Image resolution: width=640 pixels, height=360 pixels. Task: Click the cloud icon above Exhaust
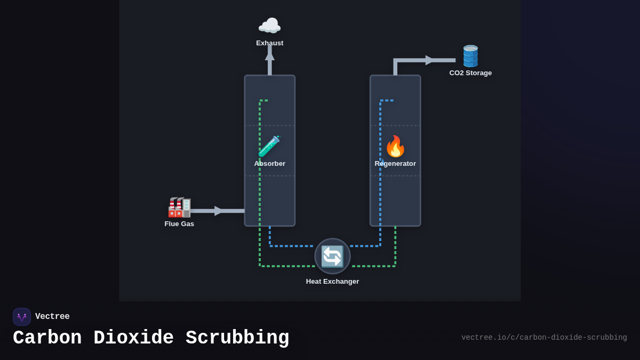(269, 26)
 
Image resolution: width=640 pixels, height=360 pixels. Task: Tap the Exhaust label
(269, 43)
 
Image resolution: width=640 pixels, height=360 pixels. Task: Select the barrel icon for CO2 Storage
(470, 56)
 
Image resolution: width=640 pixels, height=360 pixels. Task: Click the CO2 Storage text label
(470, 73)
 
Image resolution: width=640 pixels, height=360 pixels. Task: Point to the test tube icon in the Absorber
(269, 146)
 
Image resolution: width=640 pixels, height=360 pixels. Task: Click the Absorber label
(269, 164)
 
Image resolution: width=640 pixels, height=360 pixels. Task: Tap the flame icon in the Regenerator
(395, 146)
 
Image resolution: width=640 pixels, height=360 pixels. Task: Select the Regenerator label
(395, 164)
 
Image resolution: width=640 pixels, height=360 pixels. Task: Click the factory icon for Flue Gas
(179, 207)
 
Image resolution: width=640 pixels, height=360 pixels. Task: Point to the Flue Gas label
(179, 224)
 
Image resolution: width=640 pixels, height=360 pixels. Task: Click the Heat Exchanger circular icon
(332, 256)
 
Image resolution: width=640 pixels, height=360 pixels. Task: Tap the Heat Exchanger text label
(332, 282)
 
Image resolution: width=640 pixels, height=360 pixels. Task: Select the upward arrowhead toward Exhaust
(270, 55)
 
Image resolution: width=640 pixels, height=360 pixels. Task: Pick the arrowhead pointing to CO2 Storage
(430, 60)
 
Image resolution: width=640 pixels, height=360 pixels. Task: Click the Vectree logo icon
(22, 317)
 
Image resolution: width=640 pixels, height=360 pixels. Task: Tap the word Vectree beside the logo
(52, 317)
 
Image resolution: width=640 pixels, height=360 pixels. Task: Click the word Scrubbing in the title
(237, 338)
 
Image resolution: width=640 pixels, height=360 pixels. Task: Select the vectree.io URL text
(544, 338)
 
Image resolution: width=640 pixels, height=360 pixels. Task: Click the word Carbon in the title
(47, 338)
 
